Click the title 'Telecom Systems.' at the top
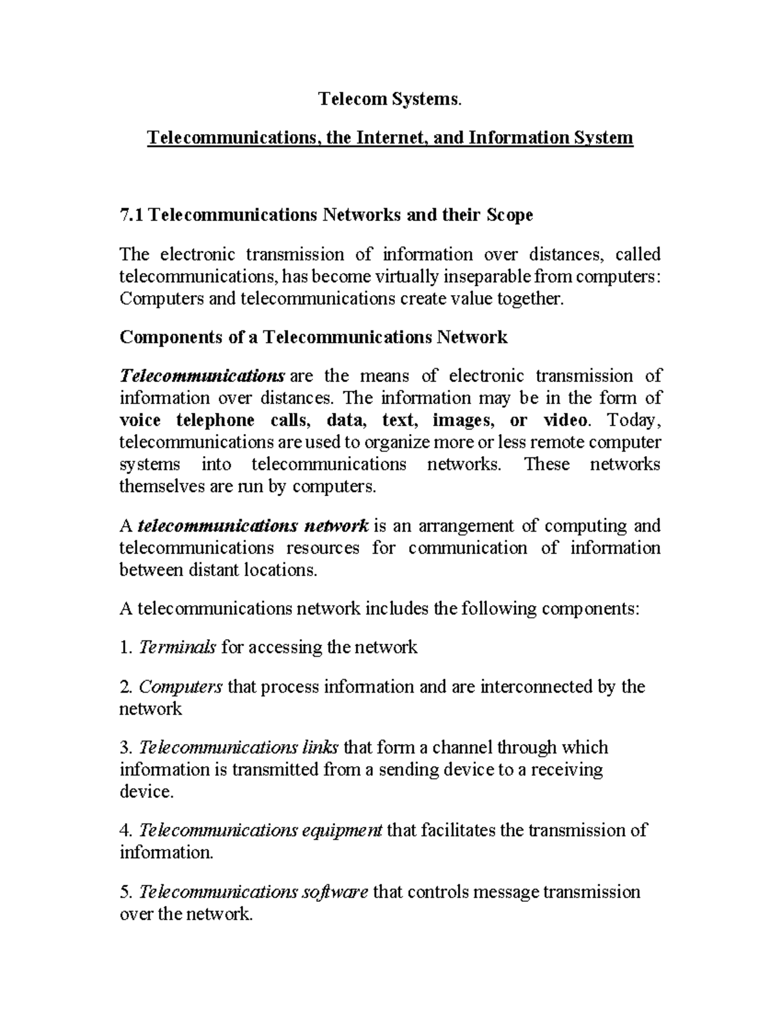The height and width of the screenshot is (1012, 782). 390,99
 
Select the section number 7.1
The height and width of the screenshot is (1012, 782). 132,215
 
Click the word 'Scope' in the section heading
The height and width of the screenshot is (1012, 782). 510,215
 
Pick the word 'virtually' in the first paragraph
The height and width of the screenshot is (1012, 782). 407,277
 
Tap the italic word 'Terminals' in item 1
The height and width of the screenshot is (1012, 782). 178,648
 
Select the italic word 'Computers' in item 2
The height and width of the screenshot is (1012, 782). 181,687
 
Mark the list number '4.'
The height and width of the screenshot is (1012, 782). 126,831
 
